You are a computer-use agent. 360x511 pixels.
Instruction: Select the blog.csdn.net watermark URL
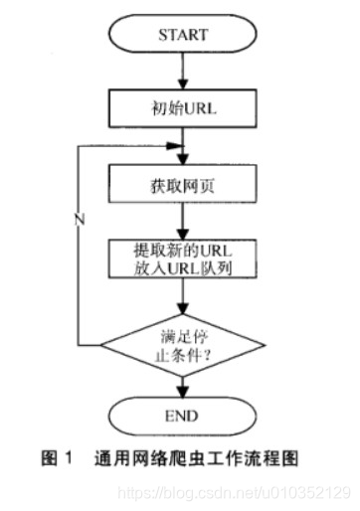[235, 492]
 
